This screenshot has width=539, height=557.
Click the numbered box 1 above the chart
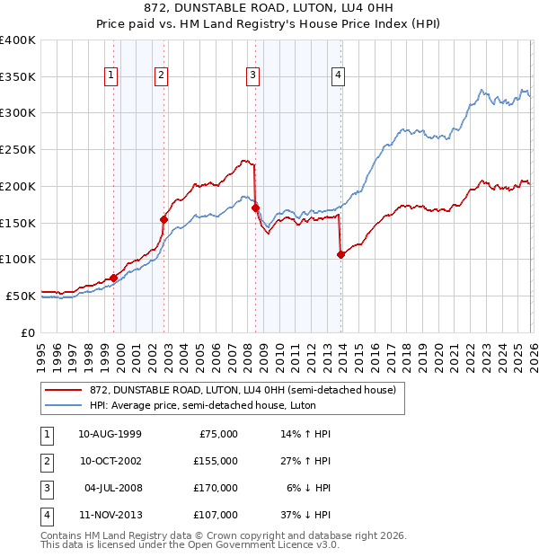pos(110,75)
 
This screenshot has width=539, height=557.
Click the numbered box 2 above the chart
pos(161,75)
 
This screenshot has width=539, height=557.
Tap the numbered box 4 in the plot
pos(338,75)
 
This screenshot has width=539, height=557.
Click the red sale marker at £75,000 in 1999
pos(114,278)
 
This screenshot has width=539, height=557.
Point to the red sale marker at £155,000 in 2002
pos(164,218)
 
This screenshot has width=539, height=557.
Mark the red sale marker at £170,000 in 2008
pos(256,208)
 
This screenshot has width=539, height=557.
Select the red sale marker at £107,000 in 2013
pos(341,254)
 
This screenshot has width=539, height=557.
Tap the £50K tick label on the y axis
pos(21,296)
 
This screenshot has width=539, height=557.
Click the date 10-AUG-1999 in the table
pos(110,434)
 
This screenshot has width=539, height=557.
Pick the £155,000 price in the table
pos(215,461)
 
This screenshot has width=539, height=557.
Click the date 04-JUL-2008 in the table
pos(110,488)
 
